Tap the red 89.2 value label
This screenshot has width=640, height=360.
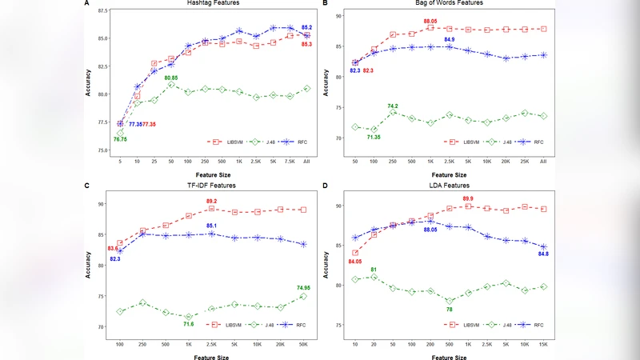tap(212, 202)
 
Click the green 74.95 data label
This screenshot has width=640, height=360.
tap(303, 287)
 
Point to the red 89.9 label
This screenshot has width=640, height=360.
tap(469, 198)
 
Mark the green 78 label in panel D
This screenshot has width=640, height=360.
tap(449, 310)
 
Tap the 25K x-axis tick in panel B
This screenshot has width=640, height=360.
tap(524, 161)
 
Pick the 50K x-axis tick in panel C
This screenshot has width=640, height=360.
tap(303, 343)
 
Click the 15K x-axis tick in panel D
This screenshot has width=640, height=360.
tap(543, 343)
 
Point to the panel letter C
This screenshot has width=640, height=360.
tap(86, 186)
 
